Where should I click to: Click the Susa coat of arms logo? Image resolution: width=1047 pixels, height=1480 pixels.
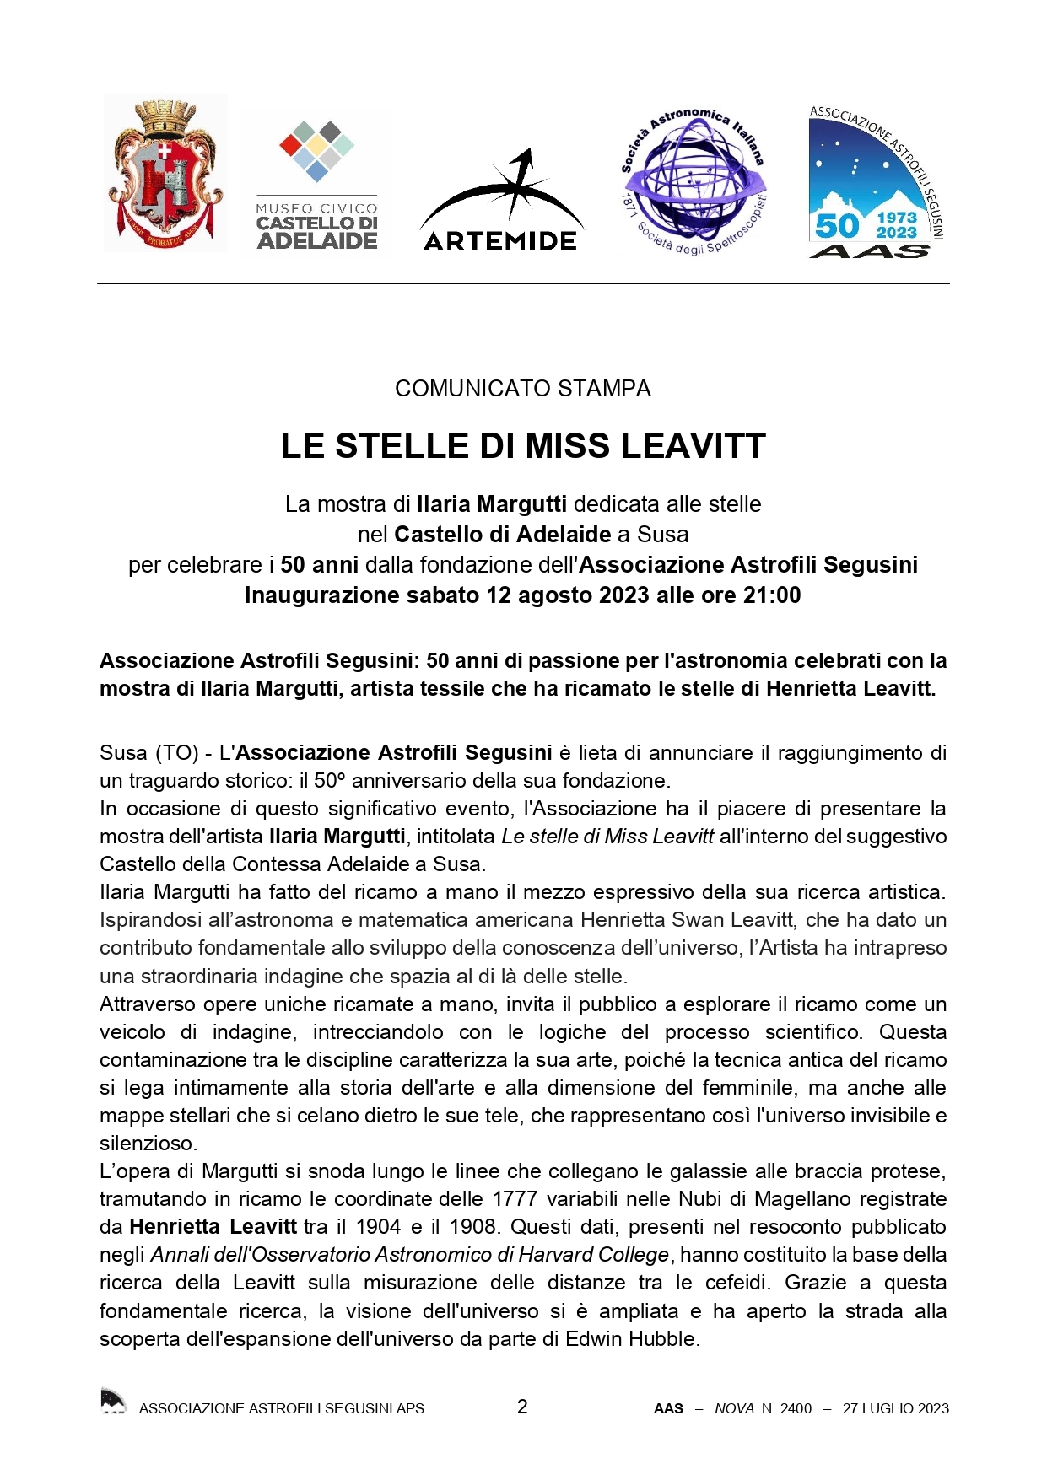tap(165, 174)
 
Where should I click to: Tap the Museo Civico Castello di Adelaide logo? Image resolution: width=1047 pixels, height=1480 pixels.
tap(316, 186)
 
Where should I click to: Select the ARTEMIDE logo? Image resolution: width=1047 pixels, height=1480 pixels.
tap(501, 202)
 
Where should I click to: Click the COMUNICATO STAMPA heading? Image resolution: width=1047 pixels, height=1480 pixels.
tap(523, 389)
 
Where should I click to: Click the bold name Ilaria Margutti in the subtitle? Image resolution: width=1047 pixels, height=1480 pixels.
tap(492, 504)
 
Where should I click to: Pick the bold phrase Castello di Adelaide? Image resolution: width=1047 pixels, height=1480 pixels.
tap(503, 535)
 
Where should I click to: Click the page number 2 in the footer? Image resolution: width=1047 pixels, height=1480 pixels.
tap(522, 1407)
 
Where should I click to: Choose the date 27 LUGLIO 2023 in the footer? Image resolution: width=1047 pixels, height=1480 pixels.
tap(895, 1408)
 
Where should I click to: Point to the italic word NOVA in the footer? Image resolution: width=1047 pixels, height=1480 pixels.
tap(734, 1408)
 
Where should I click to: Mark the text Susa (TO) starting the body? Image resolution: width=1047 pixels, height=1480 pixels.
tap(148, 753)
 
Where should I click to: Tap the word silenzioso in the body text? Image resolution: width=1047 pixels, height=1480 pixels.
tap(148, 1144)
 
